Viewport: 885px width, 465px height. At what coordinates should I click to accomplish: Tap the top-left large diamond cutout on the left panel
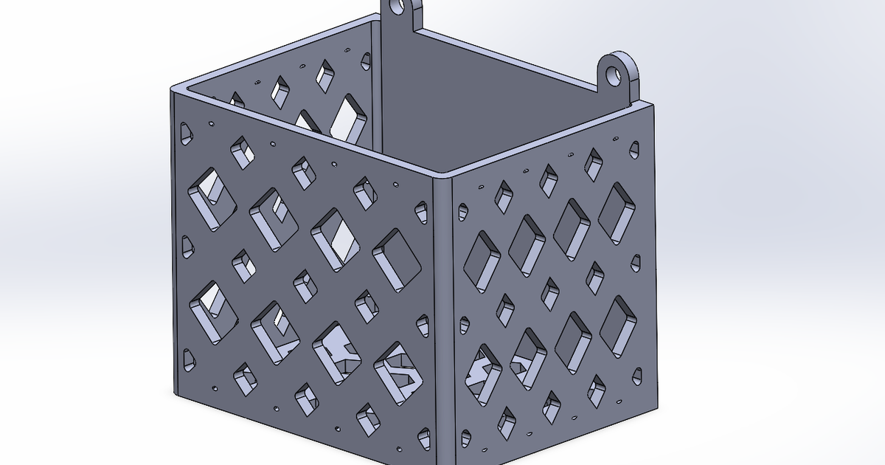212,196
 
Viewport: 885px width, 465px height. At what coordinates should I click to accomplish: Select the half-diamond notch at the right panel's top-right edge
634,151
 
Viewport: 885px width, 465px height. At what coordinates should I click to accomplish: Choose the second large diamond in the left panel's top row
274,219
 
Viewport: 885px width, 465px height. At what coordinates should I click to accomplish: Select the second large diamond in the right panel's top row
526,245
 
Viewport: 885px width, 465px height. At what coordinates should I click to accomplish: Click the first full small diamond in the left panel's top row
242,151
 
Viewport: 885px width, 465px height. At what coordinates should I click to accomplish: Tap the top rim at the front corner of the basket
441,176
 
